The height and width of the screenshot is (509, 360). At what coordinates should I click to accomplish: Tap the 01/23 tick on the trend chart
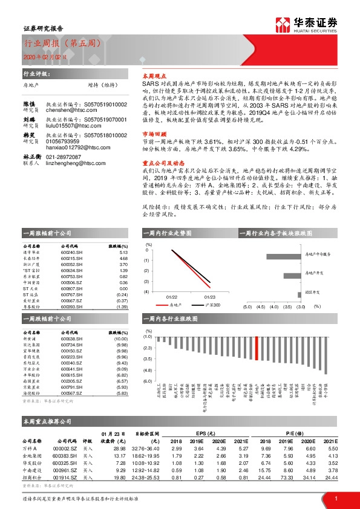tap(209, 297)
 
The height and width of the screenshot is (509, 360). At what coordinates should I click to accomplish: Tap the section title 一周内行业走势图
tap(166, 233)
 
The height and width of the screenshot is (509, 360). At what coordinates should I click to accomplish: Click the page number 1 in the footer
tap(336, 498)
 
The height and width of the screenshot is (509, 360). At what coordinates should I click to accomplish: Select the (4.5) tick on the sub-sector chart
tap(261, 306)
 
